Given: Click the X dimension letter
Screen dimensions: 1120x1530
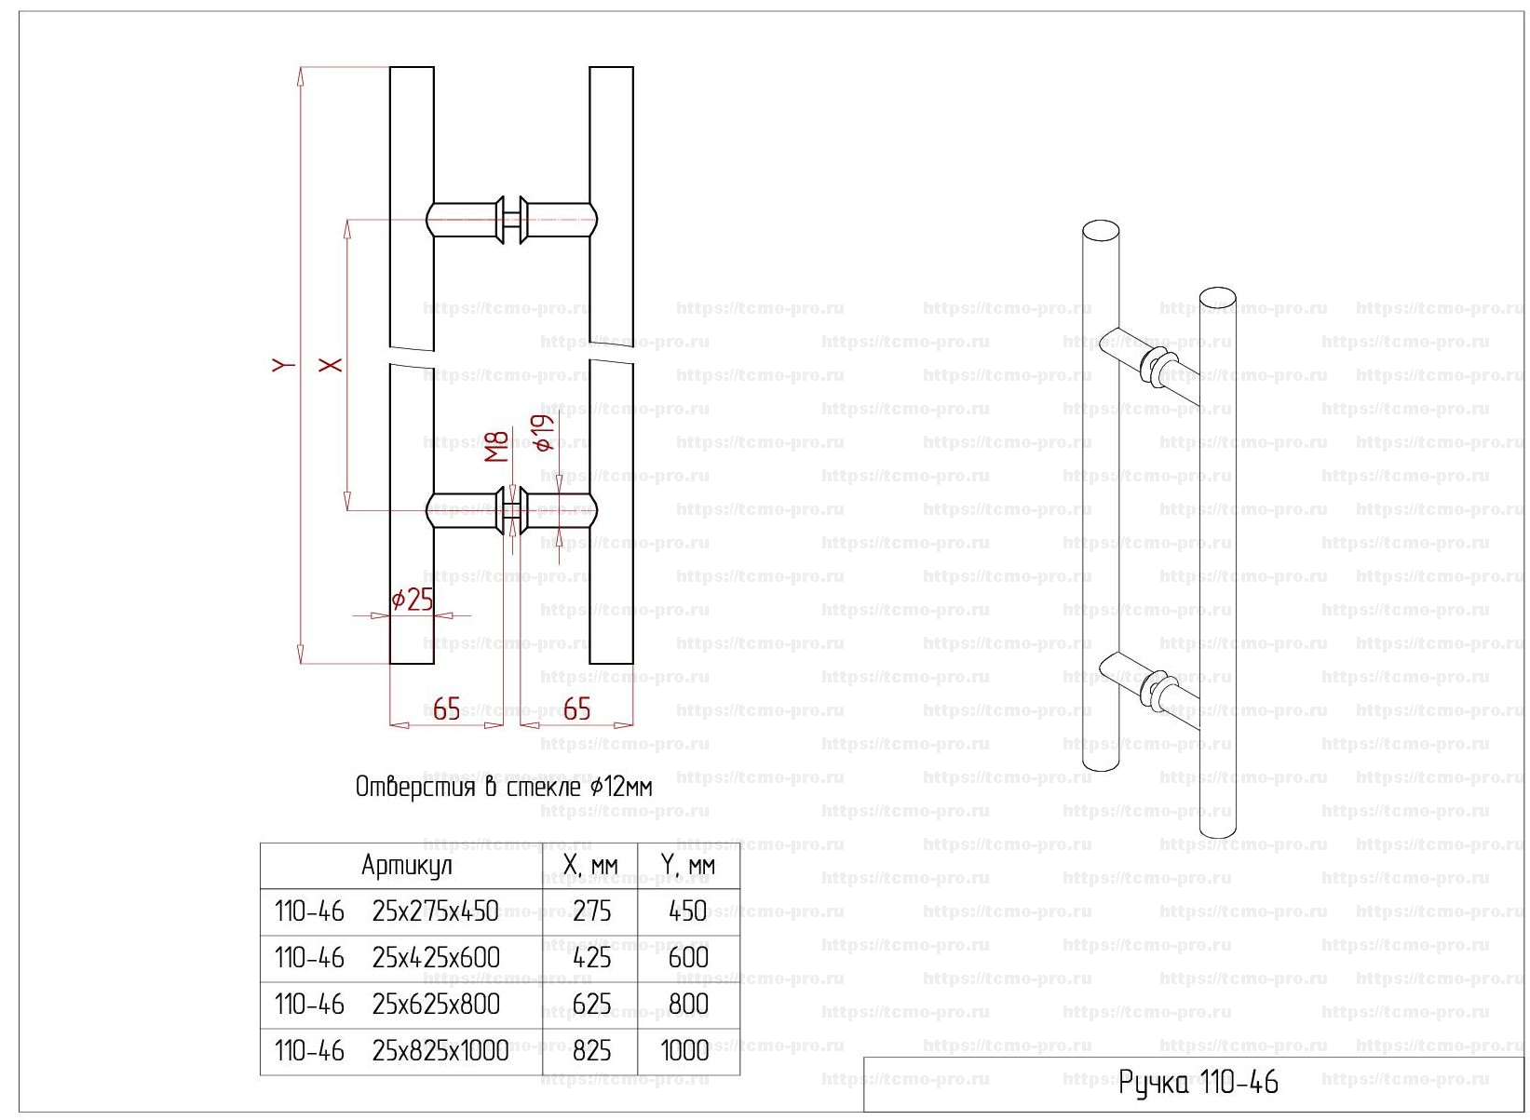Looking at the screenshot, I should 331,364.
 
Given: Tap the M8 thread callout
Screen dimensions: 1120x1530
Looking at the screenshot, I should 497,446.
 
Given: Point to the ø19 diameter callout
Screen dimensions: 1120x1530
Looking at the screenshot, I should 545,433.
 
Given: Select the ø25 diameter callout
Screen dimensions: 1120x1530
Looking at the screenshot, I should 413,600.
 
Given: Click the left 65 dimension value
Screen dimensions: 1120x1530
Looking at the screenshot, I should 447,709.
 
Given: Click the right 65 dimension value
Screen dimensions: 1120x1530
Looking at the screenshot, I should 577,709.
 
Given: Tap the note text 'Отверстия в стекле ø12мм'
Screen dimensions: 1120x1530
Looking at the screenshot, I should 504,788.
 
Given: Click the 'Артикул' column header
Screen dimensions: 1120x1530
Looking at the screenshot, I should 407,866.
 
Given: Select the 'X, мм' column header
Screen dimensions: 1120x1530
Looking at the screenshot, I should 590,866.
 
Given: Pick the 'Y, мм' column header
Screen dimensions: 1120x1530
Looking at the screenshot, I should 688,866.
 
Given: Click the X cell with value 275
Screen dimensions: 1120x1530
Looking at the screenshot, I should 591,911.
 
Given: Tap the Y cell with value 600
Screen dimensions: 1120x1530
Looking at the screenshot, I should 688,957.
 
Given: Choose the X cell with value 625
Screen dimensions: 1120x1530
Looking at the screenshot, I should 591,1004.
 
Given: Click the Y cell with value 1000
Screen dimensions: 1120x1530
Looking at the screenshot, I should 685,1050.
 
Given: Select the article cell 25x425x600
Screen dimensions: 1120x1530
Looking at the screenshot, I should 436,957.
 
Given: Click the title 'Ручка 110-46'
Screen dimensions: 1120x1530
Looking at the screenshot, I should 1198,1082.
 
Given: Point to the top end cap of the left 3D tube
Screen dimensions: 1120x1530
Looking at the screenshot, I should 1101,232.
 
